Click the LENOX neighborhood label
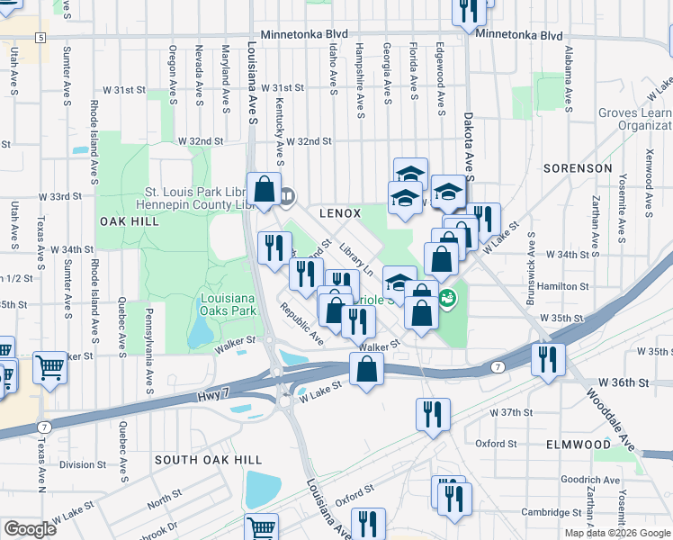click(x=340, y=213)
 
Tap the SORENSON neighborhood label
click(x=578, y=168)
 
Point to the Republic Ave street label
click(x=301, y=323)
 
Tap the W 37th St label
click(x=511, y=412)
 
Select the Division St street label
click(x=83, y=464)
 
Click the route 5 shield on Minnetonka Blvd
click(x=41, y=37)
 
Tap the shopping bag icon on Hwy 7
click(x=366, y=369)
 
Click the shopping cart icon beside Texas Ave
click(x=49, y=367)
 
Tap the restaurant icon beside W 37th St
click(x=433, y=415)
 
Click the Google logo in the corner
click(x=30, y=529)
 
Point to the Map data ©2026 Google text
click(x=617, y=533)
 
